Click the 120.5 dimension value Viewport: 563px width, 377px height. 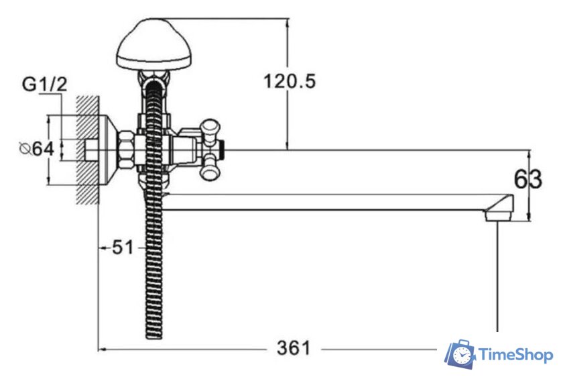[x=290, y=81]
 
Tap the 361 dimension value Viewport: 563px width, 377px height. [x=294, y=348]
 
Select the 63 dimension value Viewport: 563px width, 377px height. [x=528, y=179]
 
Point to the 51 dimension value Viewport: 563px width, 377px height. [x=123, y=248]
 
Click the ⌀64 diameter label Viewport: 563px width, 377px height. [x=37, y=149]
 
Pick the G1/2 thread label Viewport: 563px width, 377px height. [x=44, y=85]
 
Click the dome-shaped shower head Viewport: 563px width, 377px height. [x=154, y=44]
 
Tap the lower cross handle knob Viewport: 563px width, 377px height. [x=210, y=169]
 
